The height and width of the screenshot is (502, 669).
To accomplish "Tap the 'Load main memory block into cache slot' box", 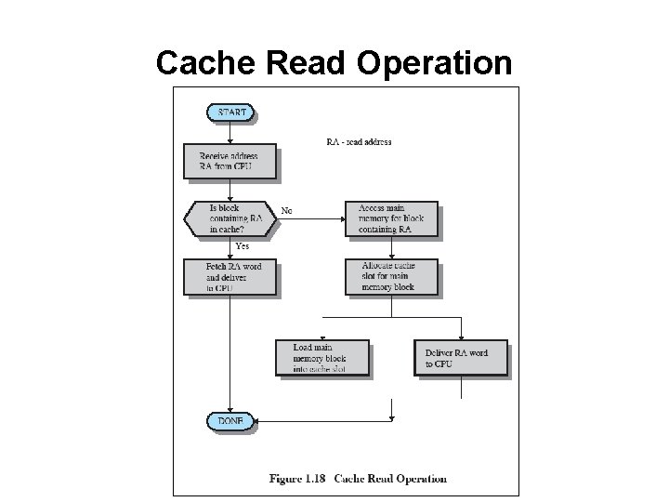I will [321, 358].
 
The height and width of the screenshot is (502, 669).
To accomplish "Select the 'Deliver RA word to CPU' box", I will [461, 358].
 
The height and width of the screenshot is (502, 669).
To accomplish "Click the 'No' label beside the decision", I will [287, 211].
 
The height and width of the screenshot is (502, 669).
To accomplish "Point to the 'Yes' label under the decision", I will [242, 246].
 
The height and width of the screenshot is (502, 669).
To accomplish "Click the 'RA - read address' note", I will [359, 142].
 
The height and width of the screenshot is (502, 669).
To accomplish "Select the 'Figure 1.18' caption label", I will [297, 479].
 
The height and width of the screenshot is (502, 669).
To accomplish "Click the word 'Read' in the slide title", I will [311, 63].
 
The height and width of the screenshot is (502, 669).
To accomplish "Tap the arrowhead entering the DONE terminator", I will [257, 421].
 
